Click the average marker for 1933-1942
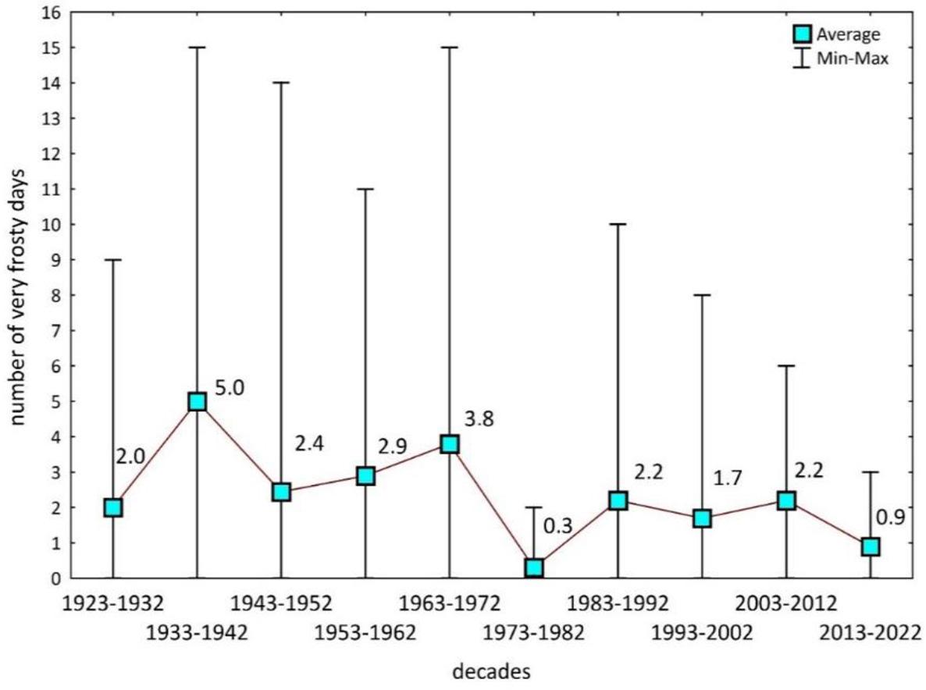(197, 401)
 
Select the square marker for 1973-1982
(534, 567)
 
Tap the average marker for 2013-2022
(871, 546)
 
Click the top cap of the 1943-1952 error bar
(281, 83)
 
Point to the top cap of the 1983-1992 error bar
(618, 224)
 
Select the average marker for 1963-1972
(450, 444)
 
